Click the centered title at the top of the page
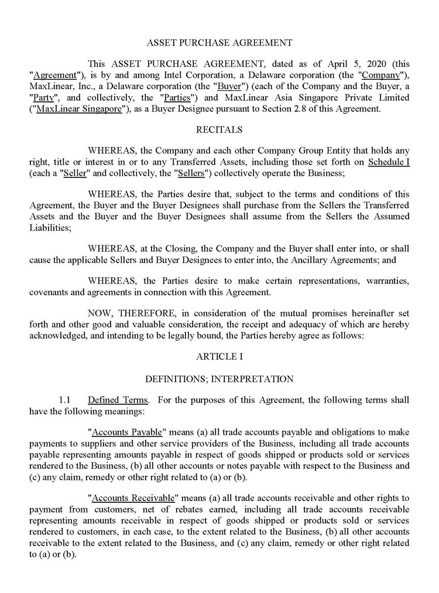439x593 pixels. coord(219,42)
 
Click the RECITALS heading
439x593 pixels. coord(219,129)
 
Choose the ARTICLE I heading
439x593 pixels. coord(219,356)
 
